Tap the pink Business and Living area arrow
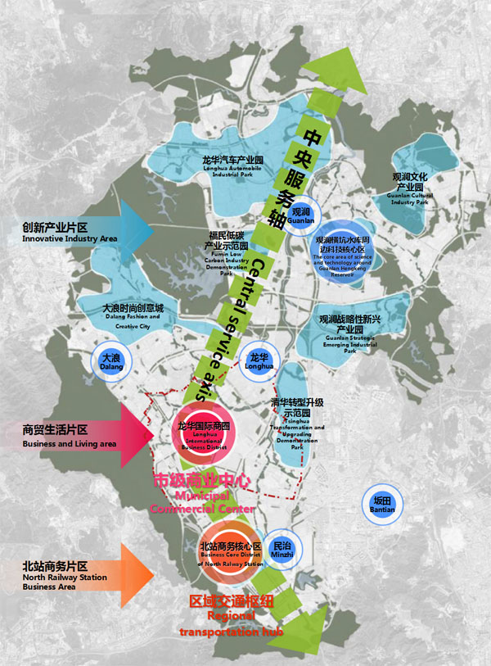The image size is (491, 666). click(131, 434)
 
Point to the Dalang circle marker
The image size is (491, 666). click(110, 362)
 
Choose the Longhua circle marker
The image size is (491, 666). click(259, 360)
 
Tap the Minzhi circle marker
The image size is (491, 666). click(282, 549)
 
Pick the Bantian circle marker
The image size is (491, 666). click(383, 505)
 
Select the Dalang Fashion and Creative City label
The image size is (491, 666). click(133, 316)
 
